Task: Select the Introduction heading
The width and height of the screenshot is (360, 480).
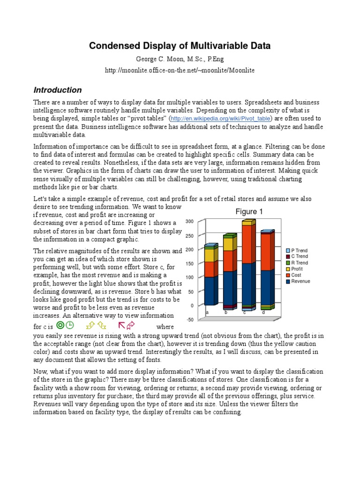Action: pos(57,90)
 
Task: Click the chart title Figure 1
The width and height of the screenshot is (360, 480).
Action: pos(249,212)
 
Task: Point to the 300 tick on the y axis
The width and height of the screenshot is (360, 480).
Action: pos(189,221)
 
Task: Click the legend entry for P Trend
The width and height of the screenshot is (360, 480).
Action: pos(300,251)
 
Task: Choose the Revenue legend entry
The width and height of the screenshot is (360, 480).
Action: pos(300,281)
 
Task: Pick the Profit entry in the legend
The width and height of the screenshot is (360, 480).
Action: pos(297,269)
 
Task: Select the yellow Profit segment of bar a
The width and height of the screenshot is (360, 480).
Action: pos(209,255)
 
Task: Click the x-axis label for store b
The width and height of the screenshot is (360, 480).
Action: pos(225,312)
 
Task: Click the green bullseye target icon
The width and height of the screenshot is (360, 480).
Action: pos(60,325)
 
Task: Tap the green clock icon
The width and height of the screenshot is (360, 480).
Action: pos(69,325)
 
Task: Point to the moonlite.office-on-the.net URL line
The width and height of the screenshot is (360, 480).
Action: pos(180,70)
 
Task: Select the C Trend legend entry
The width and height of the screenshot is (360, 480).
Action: pos(300,257)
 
